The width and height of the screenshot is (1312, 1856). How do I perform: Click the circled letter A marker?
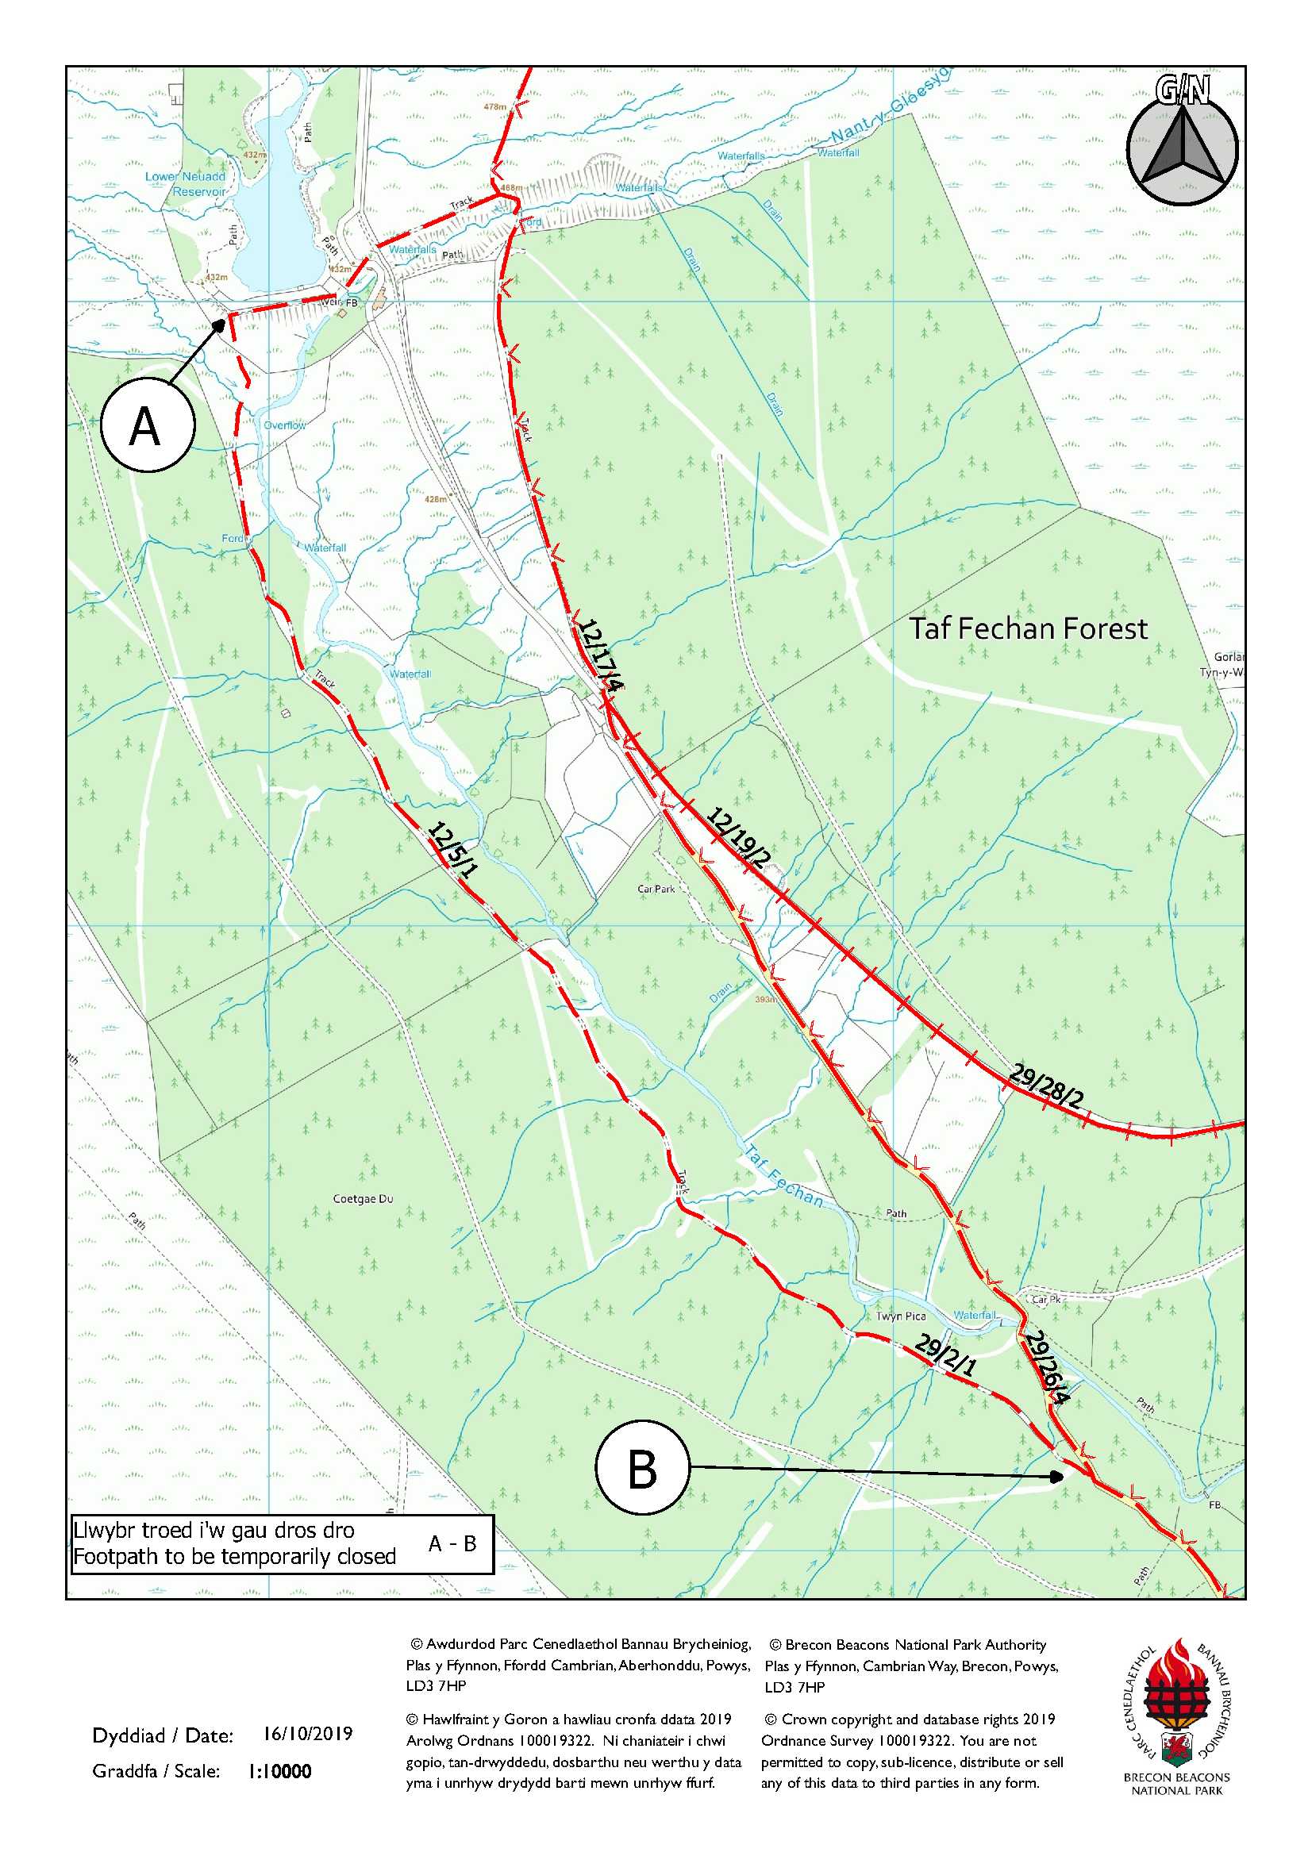click(148, 425)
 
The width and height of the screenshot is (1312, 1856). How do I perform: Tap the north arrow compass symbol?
click(1182, 149)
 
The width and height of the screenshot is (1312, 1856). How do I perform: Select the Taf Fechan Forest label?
click(1029, 629)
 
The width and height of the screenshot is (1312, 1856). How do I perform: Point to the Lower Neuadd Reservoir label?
click(187, 183)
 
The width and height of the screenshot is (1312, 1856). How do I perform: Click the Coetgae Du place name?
click(363, 1199)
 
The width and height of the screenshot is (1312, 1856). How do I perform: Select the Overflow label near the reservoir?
click(285, 425)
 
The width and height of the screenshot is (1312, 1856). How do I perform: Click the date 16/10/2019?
click(307, 1733)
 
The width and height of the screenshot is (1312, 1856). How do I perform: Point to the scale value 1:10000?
click(279, 1771)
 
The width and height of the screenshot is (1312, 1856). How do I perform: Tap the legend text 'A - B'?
click(452, 1543)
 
